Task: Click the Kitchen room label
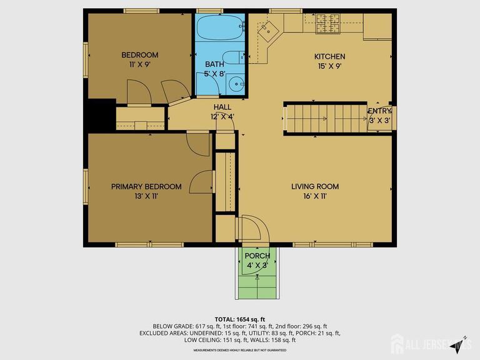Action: [329, 57]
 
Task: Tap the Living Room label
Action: [315, 186]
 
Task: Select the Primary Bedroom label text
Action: [146, 186]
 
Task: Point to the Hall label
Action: [222, 107]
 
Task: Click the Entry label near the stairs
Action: [379, 111]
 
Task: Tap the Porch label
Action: [257, 256]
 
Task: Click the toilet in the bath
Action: [234, 57]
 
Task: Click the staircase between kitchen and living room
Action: [325, 118]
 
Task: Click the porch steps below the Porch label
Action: [257, 287]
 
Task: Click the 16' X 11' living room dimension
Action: [315, 196]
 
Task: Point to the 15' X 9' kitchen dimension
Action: [329, 66]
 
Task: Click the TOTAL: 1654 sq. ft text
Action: [240, 319]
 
